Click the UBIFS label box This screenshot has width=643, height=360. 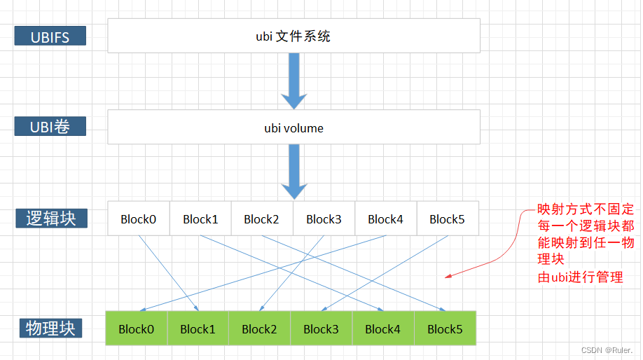50,36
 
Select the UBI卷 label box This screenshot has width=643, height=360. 50,127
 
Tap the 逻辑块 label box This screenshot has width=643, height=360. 51,218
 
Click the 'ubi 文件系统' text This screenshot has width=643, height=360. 293,36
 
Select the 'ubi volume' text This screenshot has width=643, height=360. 293,128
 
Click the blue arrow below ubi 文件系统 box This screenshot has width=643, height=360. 293,81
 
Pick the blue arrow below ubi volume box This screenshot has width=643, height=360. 293,172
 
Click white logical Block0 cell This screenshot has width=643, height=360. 138,219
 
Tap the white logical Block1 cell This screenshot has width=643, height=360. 200,219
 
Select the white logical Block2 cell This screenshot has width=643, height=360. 262,219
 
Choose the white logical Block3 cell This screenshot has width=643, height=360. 324,219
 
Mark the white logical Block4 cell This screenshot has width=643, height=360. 385,219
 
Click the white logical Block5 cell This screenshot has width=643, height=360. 447,219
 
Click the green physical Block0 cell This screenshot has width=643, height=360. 136,328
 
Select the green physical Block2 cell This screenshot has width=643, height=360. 259,328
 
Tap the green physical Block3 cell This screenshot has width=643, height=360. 321,328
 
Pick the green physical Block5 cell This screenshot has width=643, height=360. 445,328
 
